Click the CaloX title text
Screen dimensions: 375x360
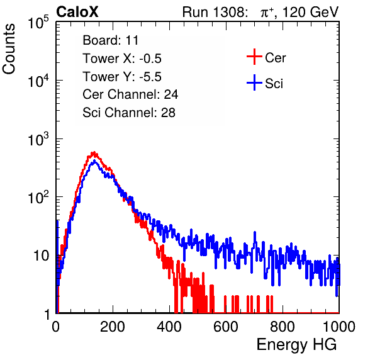(77, 12)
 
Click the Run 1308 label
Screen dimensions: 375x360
(214, 12)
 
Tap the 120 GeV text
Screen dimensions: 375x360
(311, 12)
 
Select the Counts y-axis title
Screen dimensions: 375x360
(9, 49)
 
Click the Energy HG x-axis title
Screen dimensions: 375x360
(297, 345)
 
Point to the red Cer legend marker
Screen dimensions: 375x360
(254, 57)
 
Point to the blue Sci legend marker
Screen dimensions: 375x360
(254, 83)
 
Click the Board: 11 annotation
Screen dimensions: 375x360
(111, 40)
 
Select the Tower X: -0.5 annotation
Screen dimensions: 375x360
(122, 59)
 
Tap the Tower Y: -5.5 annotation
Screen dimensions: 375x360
(122, 77)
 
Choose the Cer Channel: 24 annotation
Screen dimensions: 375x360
(130, 94)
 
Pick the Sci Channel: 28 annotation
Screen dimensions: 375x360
(129, 113)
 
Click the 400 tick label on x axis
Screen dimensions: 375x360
(169, 327)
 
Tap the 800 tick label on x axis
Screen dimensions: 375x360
(283, 327)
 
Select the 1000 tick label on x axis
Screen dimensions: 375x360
(339, 327)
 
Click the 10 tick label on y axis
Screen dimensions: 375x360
(41, 256)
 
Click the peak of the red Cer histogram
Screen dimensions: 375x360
(94, 152)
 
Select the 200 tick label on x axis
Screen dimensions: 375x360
(113, 327)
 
